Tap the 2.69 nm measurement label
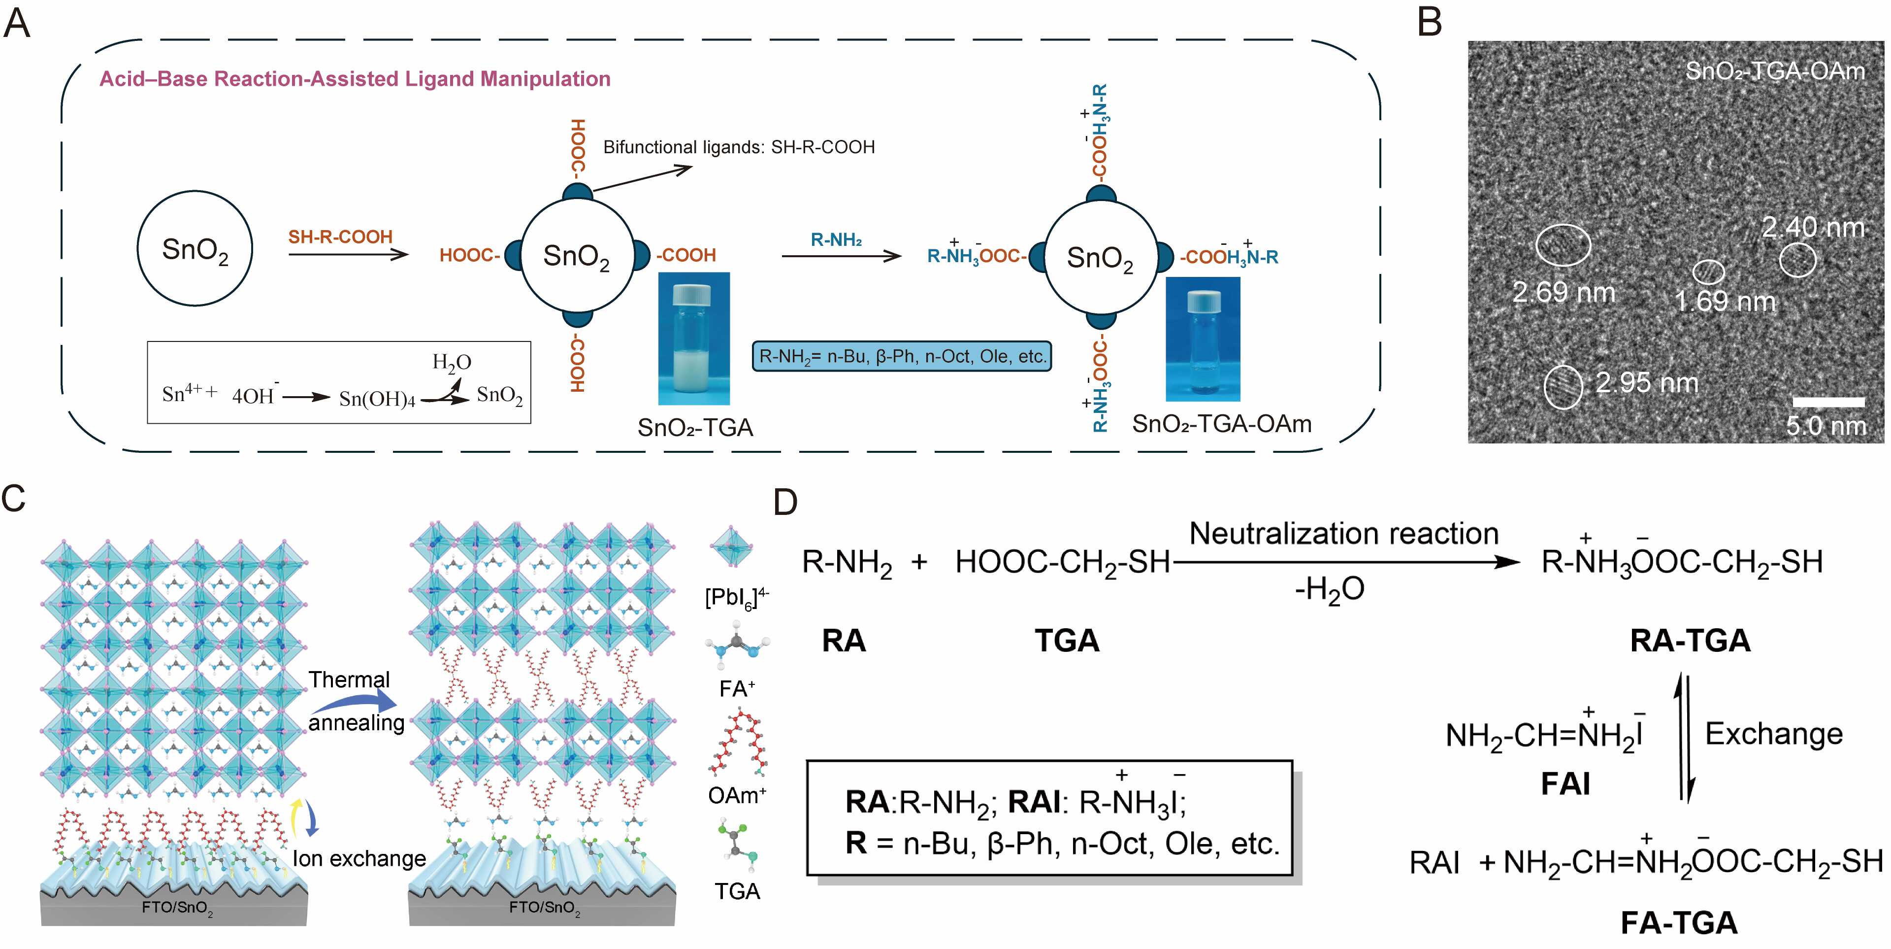click(1564, 292)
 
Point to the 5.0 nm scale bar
click(1828, 402)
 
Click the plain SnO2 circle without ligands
click(195, 248)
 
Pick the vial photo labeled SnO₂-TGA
click(694, 338)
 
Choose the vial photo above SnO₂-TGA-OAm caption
click(1203, 339)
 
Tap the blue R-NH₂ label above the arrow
click(836, 239)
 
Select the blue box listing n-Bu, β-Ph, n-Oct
click(902, 356)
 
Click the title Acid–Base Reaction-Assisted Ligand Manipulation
click(355, 79)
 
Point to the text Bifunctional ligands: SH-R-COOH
click(739, 147)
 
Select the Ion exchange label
click(359, 858)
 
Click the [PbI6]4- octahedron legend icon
click(731, 546)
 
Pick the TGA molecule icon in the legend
click(736, 843)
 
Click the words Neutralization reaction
click(1343, 533)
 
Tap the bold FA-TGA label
click(1678, 922)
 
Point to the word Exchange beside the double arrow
click(1773, 733)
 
